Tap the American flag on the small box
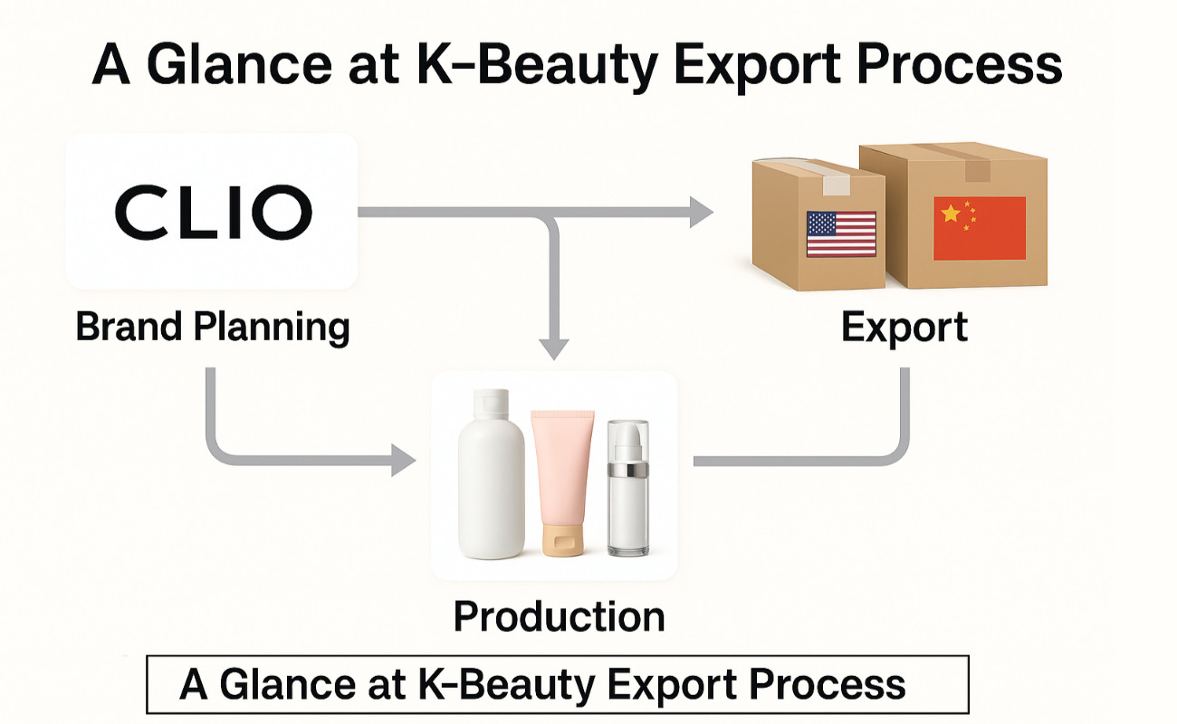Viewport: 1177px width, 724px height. [841, 233]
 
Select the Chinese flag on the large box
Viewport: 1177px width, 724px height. [980, 228]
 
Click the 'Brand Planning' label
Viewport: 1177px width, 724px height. [213, 327]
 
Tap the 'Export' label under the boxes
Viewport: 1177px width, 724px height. [904, 327]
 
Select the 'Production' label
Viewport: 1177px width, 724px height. [559, 616]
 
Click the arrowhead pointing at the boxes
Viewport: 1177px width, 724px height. [701, 212]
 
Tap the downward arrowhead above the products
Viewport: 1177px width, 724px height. [554, 348]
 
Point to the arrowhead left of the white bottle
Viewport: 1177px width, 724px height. [403, 461]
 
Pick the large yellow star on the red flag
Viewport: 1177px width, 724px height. [951, 214]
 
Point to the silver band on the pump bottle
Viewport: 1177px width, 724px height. [628, 471]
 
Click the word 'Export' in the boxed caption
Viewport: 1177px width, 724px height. [684, 684]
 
